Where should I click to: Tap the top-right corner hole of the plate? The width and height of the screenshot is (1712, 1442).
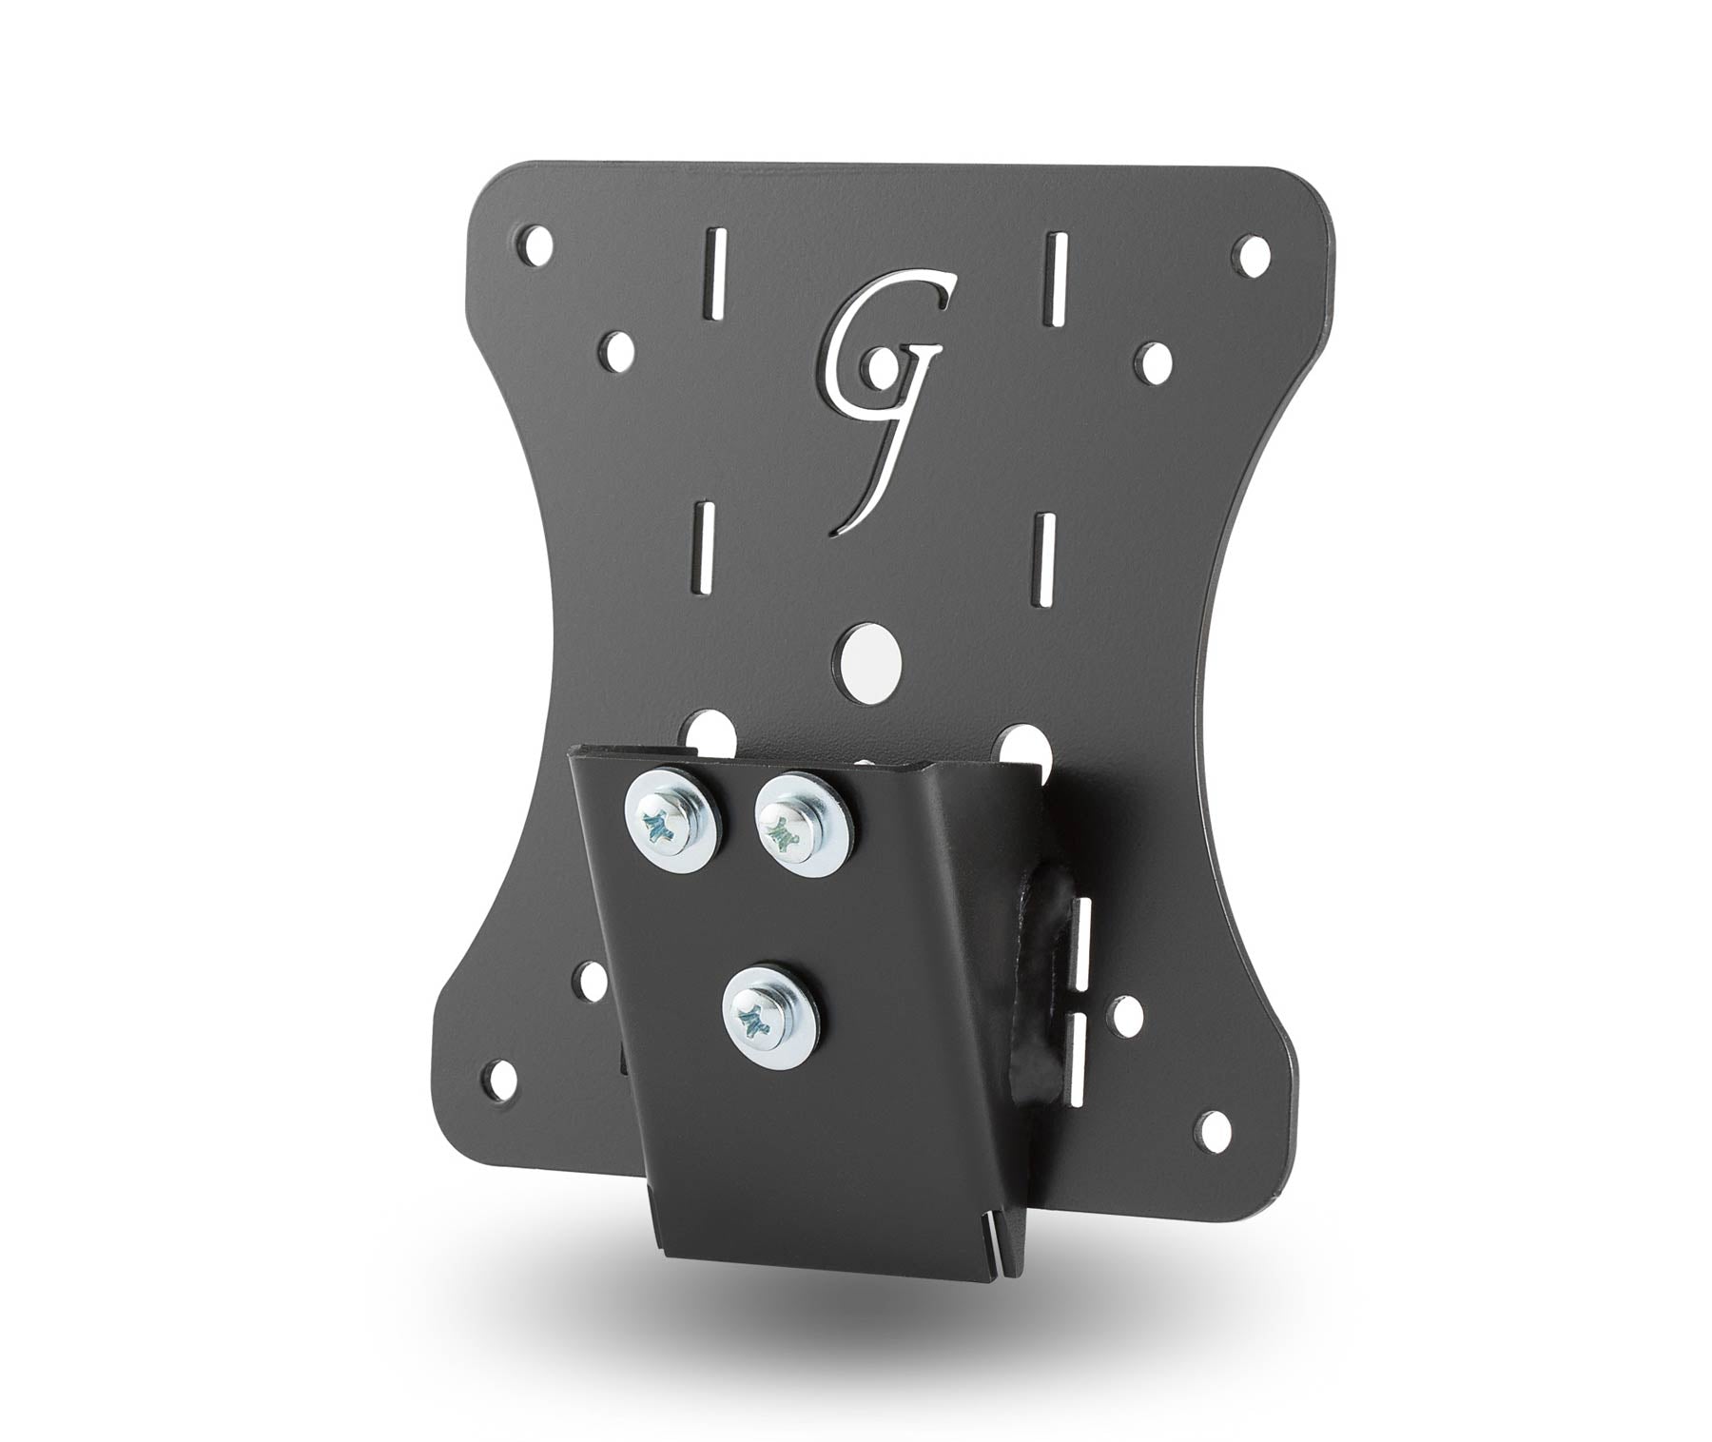coord(1252,252)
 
